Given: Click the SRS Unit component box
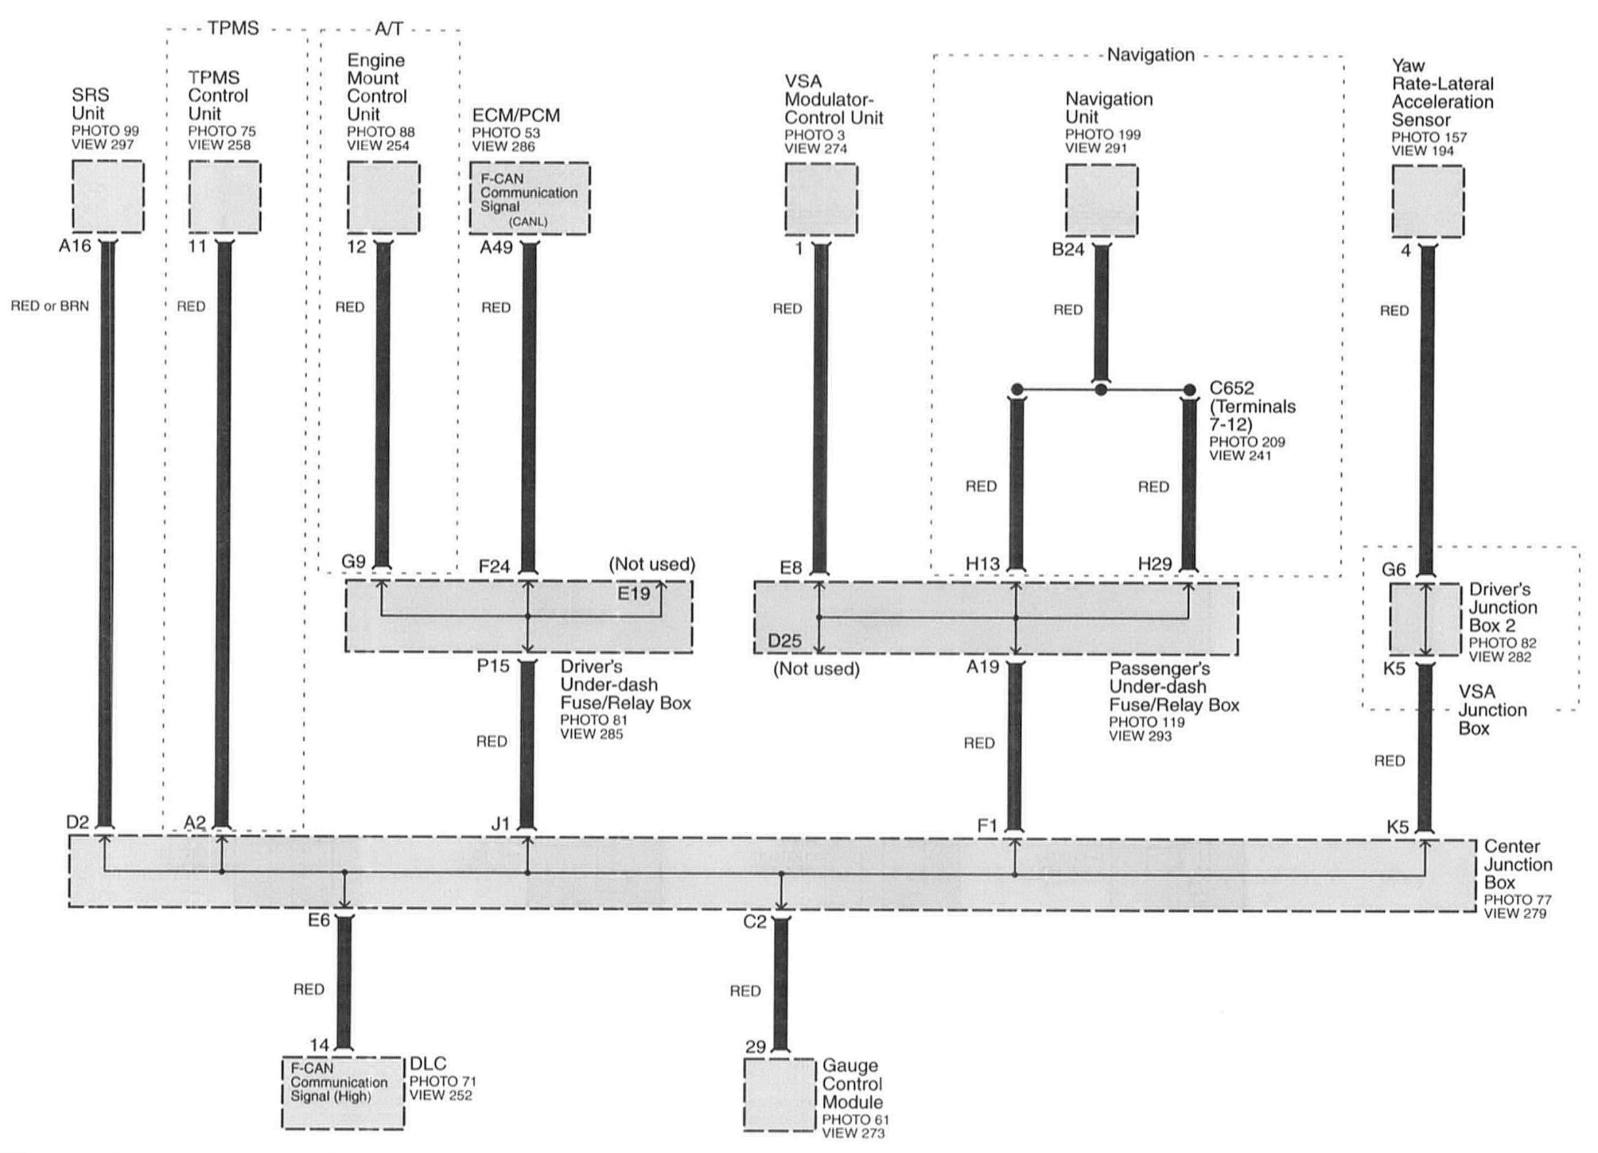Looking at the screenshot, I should (x=108, y=197).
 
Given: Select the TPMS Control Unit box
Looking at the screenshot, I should (x=225, y=197).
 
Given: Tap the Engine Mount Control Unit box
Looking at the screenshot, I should (x=383, y=197).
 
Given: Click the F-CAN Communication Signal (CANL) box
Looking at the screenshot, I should (x=529, y=199).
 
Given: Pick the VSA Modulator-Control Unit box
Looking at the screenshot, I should (x=821, y=199).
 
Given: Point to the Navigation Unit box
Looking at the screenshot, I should (x=1101, y=200).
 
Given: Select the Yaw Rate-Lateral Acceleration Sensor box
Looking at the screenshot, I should (x=1427, y=201).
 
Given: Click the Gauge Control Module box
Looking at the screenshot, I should (x=780, y=1095).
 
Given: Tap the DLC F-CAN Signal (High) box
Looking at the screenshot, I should (x=342, y=1092).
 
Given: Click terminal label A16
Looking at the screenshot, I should (x=75, y=246).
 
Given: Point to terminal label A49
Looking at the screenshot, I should (x=496, y=247).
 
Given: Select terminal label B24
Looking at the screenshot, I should (x=1067, y=250).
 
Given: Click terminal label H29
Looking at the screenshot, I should (x=1155, y=564).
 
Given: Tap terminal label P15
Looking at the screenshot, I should (x=493, y=666).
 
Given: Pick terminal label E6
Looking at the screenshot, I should (x=318, y=920).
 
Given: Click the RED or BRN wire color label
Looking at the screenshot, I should (x=49, y=306).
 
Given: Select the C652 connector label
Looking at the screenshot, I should (x=1231, y=388).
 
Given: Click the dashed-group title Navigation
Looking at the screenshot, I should (x=1150, y=55).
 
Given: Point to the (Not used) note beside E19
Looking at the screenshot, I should (x=652, y=564).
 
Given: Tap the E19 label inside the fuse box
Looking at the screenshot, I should (x=633, y=593).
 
